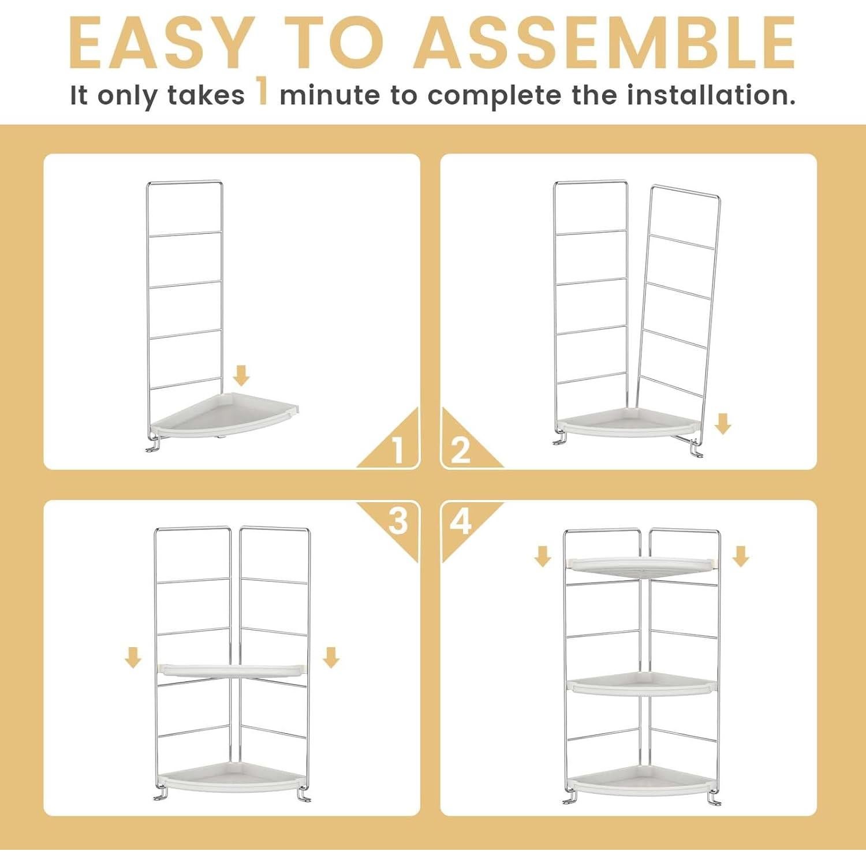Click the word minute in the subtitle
click(329, 95)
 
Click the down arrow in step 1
click(241, 375)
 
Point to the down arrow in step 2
click(723, 424)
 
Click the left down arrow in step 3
click(133, 657)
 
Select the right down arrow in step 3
click(331, 657)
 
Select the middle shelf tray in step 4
click(641, 685)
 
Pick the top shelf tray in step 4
click(641, 566)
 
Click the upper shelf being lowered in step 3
click(231, 670)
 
